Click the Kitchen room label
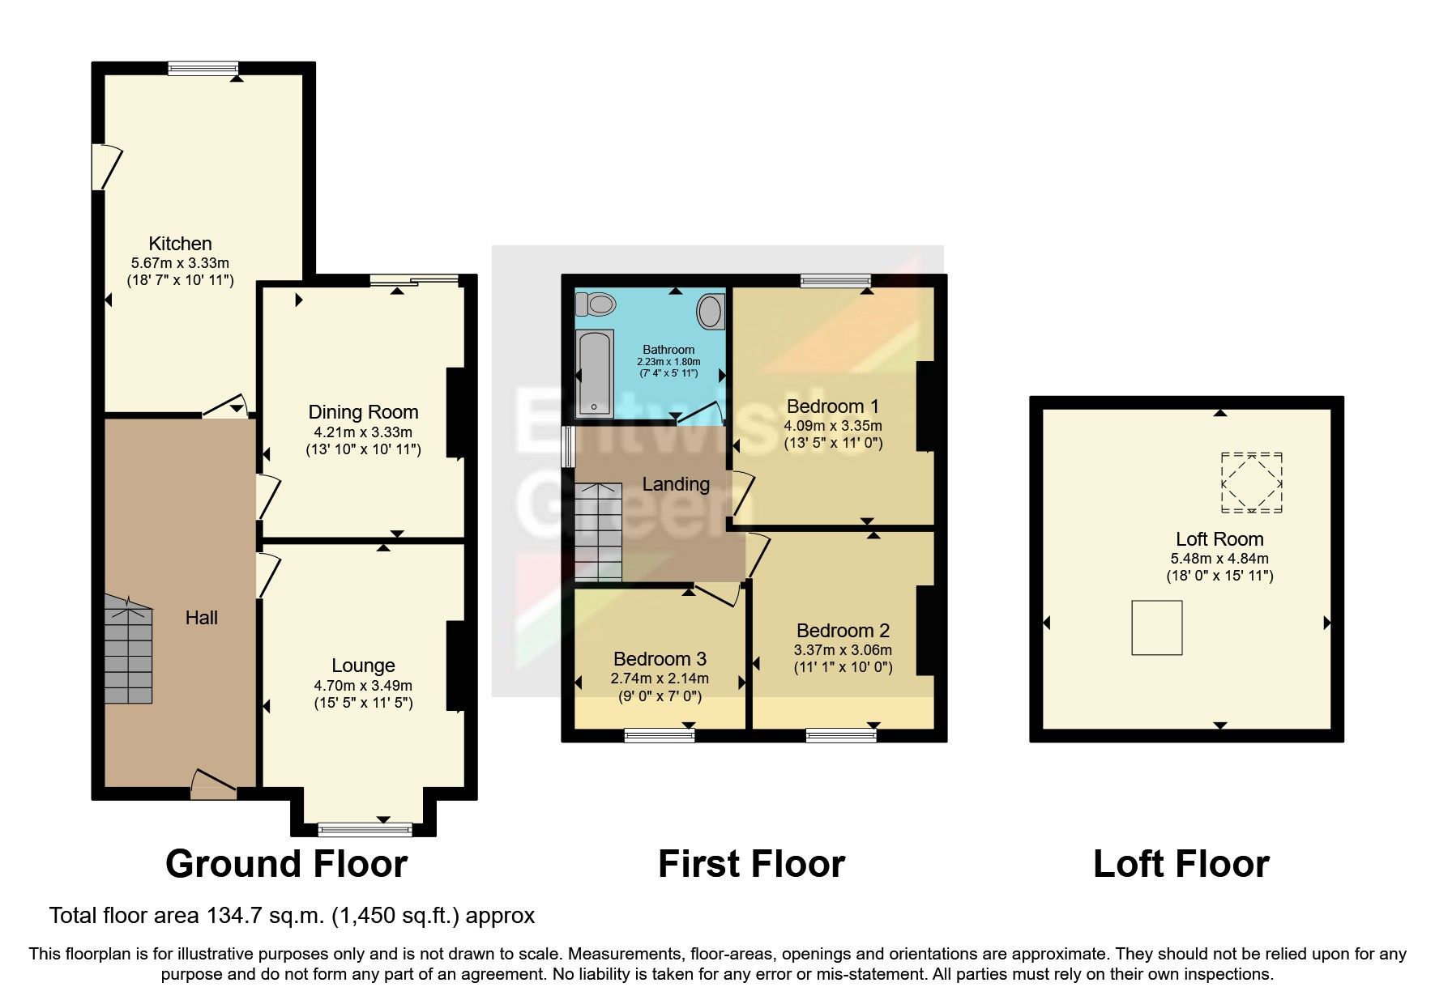180,244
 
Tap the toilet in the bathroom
596,304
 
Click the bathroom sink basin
712,311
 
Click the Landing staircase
598,533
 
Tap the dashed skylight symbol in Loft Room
1252,483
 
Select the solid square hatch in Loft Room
1156,627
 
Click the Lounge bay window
365,828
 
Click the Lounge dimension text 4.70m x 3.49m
363,685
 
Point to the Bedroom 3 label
660,659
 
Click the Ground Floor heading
286,864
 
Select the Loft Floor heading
1181,864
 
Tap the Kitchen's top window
203,69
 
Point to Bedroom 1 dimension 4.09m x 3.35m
832,425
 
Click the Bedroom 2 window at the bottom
841,734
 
